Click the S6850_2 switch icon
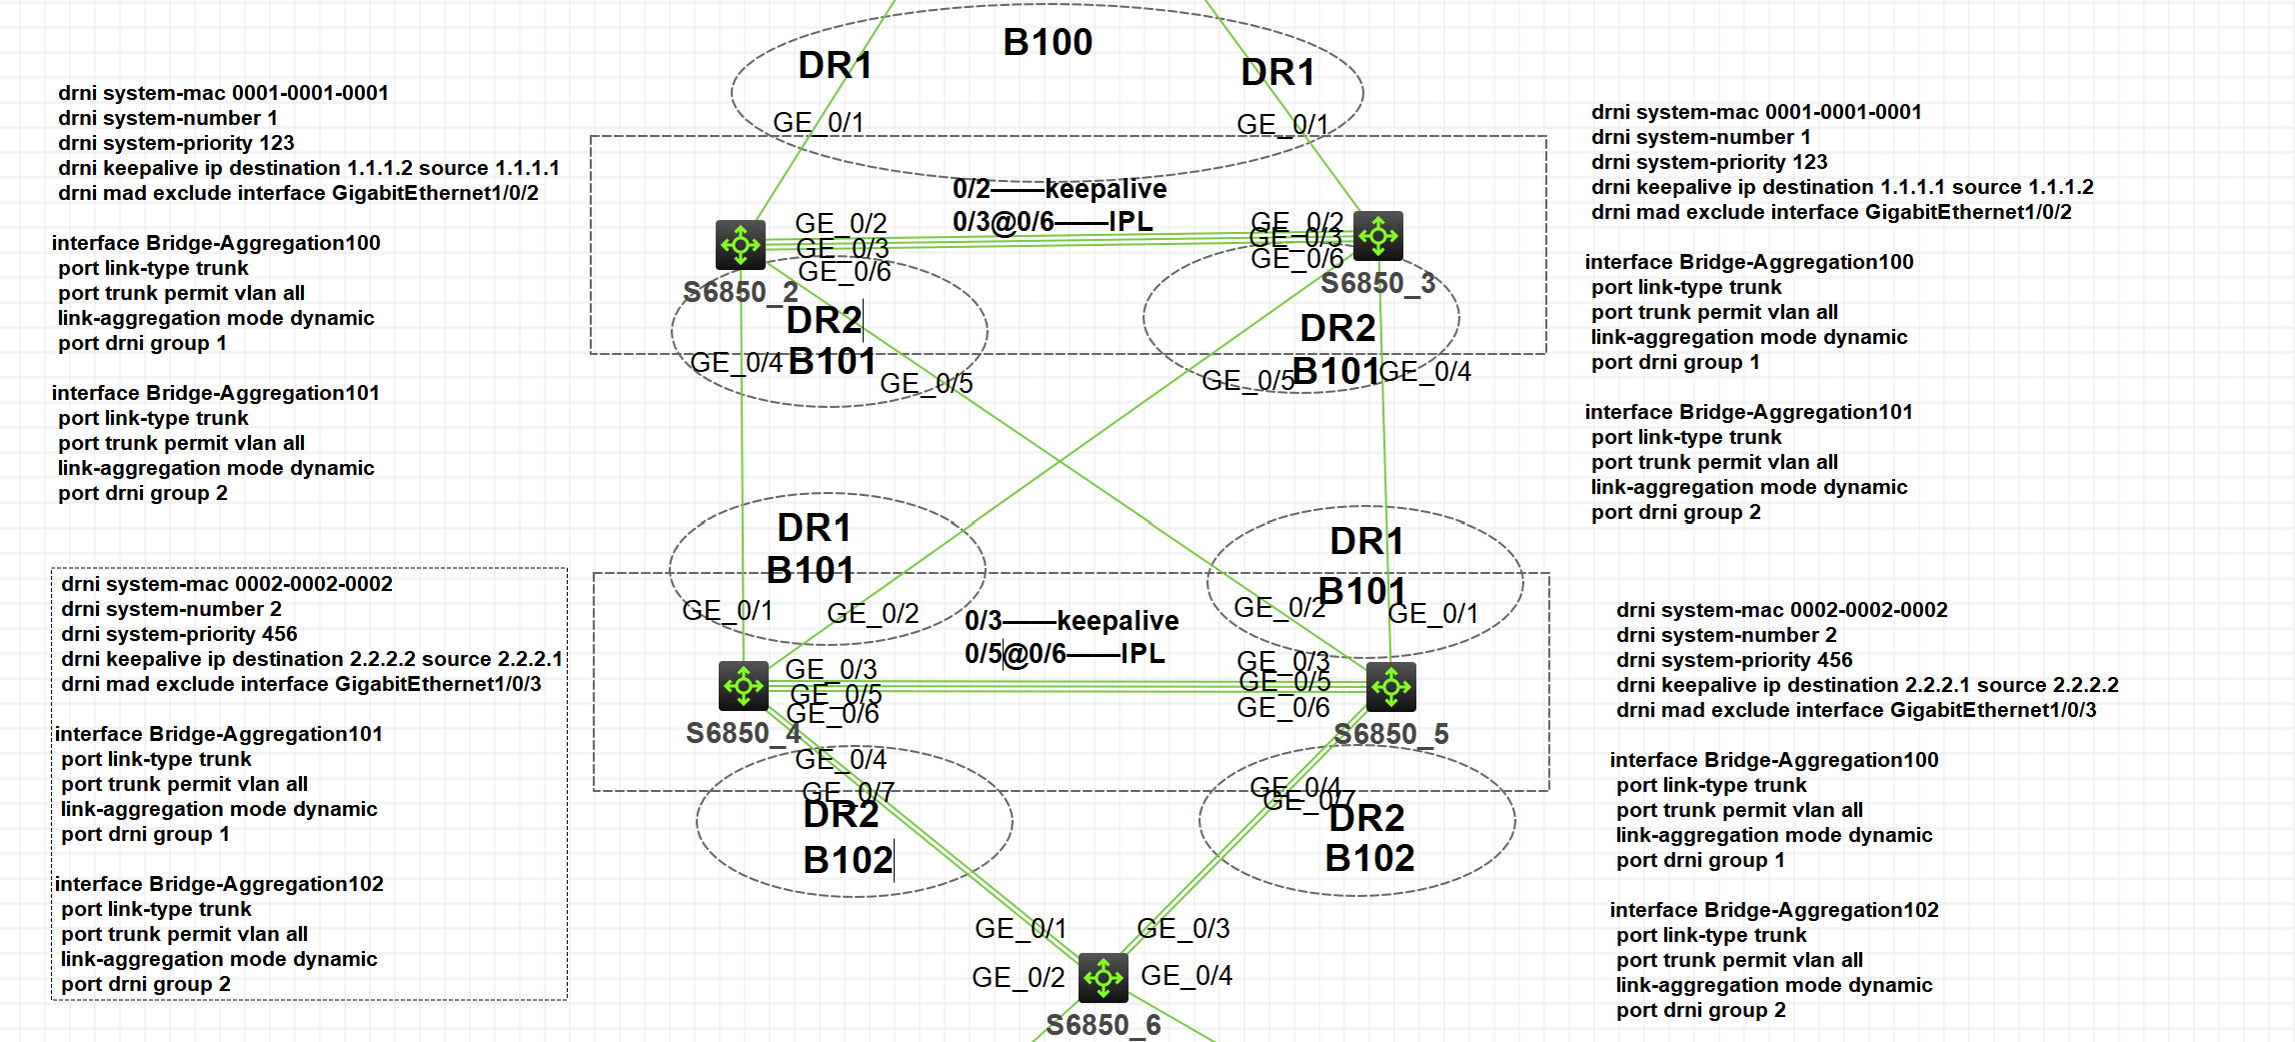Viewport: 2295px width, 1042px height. coord(741,245)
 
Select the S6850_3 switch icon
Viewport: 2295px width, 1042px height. coord(1377,236)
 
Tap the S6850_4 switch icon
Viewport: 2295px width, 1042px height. coord(743,686)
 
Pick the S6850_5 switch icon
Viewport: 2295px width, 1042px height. coord(1390,687)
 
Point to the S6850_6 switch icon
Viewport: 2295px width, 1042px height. coord(1104,977)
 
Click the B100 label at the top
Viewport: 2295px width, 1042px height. coord(1048,43)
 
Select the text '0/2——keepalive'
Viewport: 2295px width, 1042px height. coord(1059,189)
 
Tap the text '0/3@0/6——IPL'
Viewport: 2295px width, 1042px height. coord(1053,221)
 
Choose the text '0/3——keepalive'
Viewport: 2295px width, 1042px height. coord(1072,621)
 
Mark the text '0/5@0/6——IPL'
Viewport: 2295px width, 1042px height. coord(1065,654)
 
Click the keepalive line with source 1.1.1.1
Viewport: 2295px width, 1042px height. coord(308,168)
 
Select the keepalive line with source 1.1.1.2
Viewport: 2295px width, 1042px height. coord(1841,187)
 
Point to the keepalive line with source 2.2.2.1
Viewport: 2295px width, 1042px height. coord(311,659)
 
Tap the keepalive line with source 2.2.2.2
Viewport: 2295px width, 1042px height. coord(1866,685)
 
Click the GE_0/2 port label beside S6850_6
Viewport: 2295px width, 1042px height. coord(1018,977)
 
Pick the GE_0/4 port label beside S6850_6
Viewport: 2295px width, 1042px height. coord(1186,975)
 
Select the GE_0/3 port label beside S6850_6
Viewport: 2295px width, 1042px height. coord(1183,929)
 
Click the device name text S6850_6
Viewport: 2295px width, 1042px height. coord(1104,1025)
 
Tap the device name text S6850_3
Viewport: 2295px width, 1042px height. coord(1377,283)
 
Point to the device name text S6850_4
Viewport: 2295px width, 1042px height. coord(743,733)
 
